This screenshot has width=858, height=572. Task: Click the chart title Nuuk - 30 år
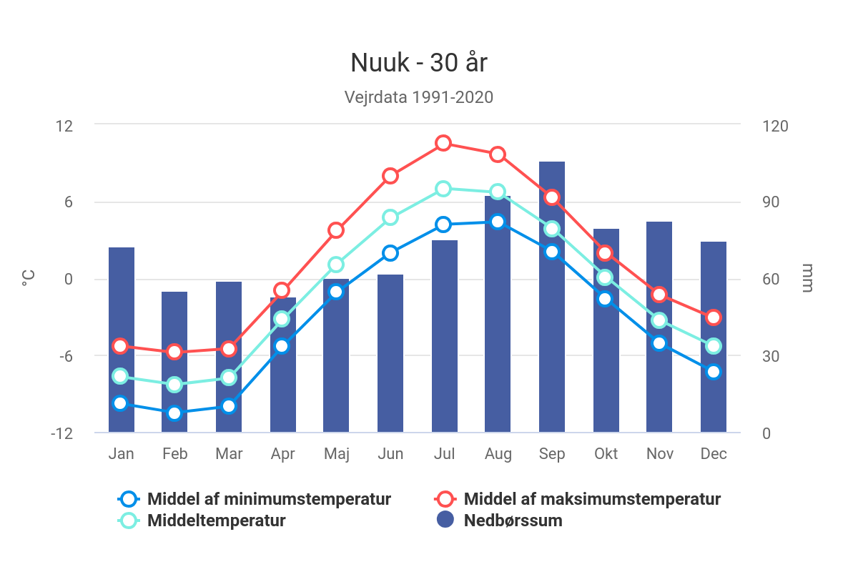(419, 64)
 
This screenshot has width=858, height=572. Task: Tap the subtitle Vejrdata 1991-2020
(419, 97)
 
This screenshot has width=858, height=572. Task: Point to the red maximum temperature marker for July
(443, 143)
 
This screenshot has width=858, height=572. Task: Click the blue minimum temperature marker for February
(174, 413)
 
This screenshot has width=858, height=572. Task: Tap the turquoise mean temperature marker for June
(390, 217)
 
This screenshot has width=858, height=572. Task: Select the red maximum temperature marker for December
(714, 317)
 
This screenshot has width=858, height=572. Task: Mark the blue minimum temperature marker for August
(498, 222)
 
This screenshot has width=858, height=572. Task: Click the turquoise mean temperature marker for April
(282, 318)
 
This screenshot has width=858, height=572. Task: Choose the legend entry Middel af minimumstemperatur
(269, 499)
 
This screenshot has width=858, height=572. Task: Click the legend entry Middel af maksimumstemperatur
(592, 499)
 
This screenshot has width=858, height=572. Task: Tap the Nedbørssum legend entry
(513, 521)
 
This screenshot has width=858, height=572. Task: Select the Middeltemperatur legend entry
(216, 521)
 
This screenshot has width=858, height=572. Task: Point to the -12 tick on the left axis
(62, 433)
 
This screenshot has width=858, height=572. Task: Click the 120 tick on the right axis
(775, 126)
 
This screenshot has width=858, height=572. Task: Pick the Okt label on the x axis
(606, 454)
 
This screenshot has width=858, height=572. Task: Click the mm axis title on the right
(807, 279)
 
